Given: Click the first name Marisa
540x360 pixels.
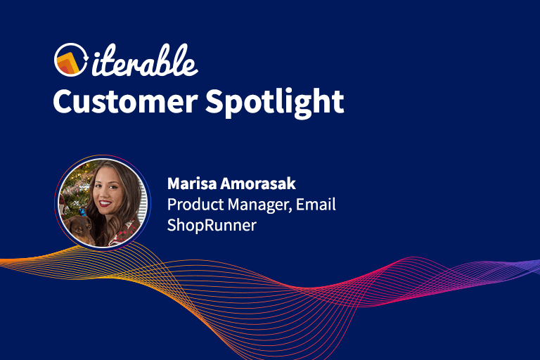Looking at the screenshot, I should point(188,184).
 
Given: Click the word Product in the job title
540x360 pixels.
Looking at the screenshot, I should point(192,205).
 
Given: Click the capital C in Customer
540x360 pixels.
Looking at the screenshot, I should point(65,102).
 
